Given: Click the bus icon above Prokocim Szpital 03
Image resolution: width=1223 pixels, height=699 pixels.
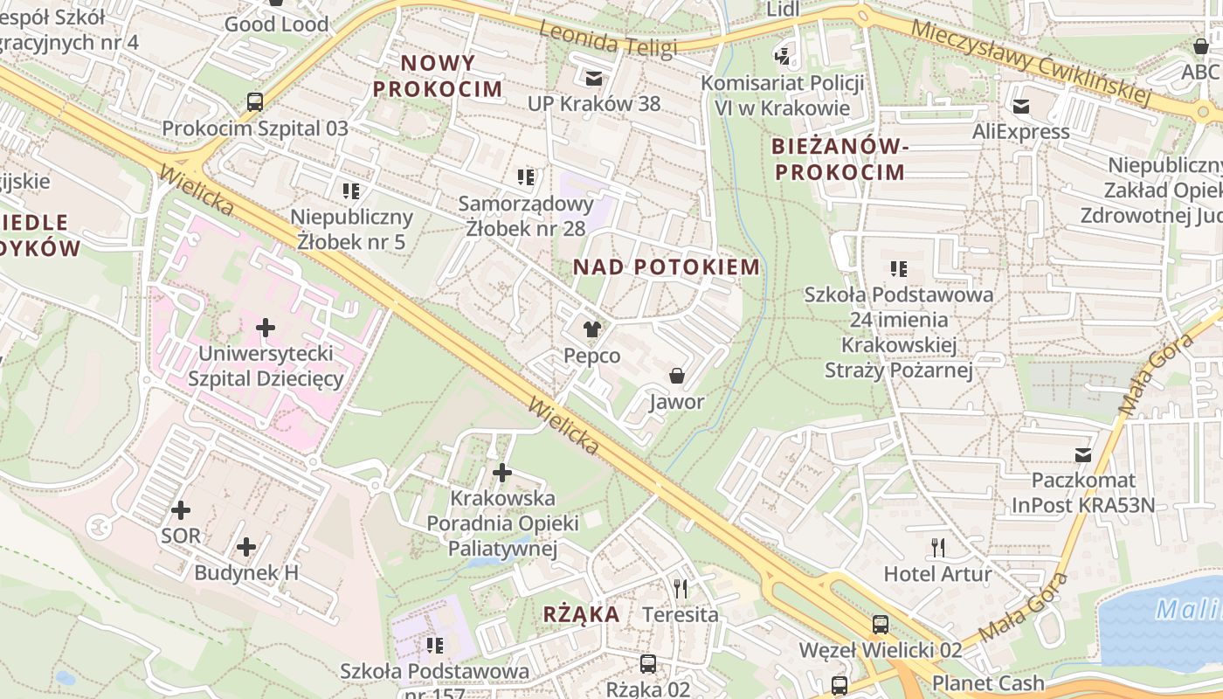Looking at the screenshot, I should click(x=254, y=101).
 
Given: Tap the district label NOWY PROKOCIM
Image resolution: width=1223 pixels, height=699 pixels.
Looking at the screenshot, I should click(x=439, y=75).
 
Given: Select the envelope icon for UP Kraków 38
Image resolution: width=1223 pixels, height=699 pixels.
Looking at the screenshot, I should click(x=594, y=79).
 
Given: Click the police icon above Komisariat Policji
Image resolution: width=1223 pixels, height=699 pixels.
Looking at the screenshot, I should click(x=782, y=57).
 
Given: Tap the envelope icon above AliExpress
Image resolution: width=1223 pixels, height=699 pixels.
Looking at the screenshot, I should click(x=1020, y=107).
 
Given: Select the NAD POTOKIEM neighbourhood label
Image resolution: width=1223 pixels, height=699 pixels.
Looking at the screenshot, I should click(x=667, y=267).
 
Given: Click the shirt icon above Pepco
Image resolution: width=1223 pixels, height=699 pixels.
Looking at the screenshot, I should click(x=592, y=329).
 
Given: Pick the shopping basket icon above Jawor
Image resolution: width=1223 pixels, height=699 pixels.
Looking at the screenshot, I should click(x=676, y=376).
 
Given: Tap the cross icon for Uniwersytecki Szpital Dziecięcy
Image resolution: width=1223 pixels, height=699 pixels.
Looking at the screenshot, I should click(x=266, y=328).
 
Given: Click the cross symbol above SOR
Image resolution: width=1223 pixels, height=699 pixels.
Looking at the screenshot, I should click(x=181, y=509).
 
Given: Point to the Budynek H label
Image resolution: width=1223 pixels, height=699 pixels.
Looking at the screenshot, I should click(x=246, y=573).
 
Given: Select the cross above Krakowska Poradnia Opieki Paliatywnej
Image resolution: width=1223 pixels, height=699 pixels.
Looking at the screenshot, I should click(x=502, y=473).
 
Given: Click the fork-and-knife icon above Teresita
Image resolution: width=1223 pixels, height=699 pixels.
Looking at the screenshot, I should click(x=681, y=588).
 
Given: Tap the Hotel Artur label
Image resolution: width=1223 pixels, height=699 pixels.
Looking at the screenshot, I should click(x=938, y=574).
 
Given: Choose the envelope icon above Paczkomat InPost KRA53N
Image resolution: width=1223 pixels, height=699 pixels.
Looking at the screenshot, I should click(x=1083, y=454).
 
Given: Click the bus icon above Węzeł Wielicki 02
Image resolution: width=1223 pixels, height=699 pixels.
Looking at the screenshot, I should click(x=881, y=625).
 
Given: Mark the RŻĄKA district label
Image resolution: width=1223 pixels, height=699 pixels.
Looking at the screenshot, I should click(x=582, y=614).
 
